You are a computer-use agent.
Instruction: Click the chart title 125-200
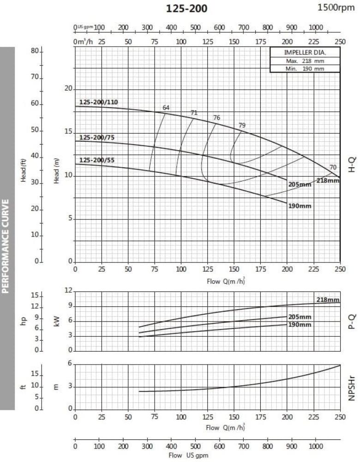click(x=186, y=8)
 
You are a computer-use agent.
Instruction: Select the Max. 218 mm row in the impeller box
click(x=305, y=61)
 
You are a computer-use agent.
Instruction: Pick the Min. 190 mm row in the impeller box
click(x=305, y=68)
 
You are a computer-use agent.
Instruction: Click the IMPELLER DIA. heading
click(x=305, y=53)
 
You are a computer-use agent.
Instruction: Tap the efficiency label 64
click(x=166, y=108)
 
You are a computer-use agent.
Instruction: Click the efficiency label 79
click(x=242, y=125)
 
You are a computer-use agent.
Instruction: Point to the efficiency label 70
click(x=333, y=167)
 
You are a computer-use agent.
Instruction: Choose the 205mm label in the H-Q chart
click(x=300, y=184)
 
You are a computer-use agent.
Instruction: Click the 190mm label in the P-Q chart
click(x=300, y=324)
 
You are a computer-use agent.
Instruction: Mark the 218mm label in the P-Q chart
click(x=328, y=300)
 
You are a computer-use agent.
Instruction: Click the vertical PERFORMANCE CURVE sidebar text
click(x=6, y=246)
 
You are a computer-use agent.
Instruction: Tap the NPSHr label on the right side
click(x=352, y=387)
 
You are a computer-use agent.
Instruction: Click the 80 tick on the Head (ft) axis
click(x=35, y=51)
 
